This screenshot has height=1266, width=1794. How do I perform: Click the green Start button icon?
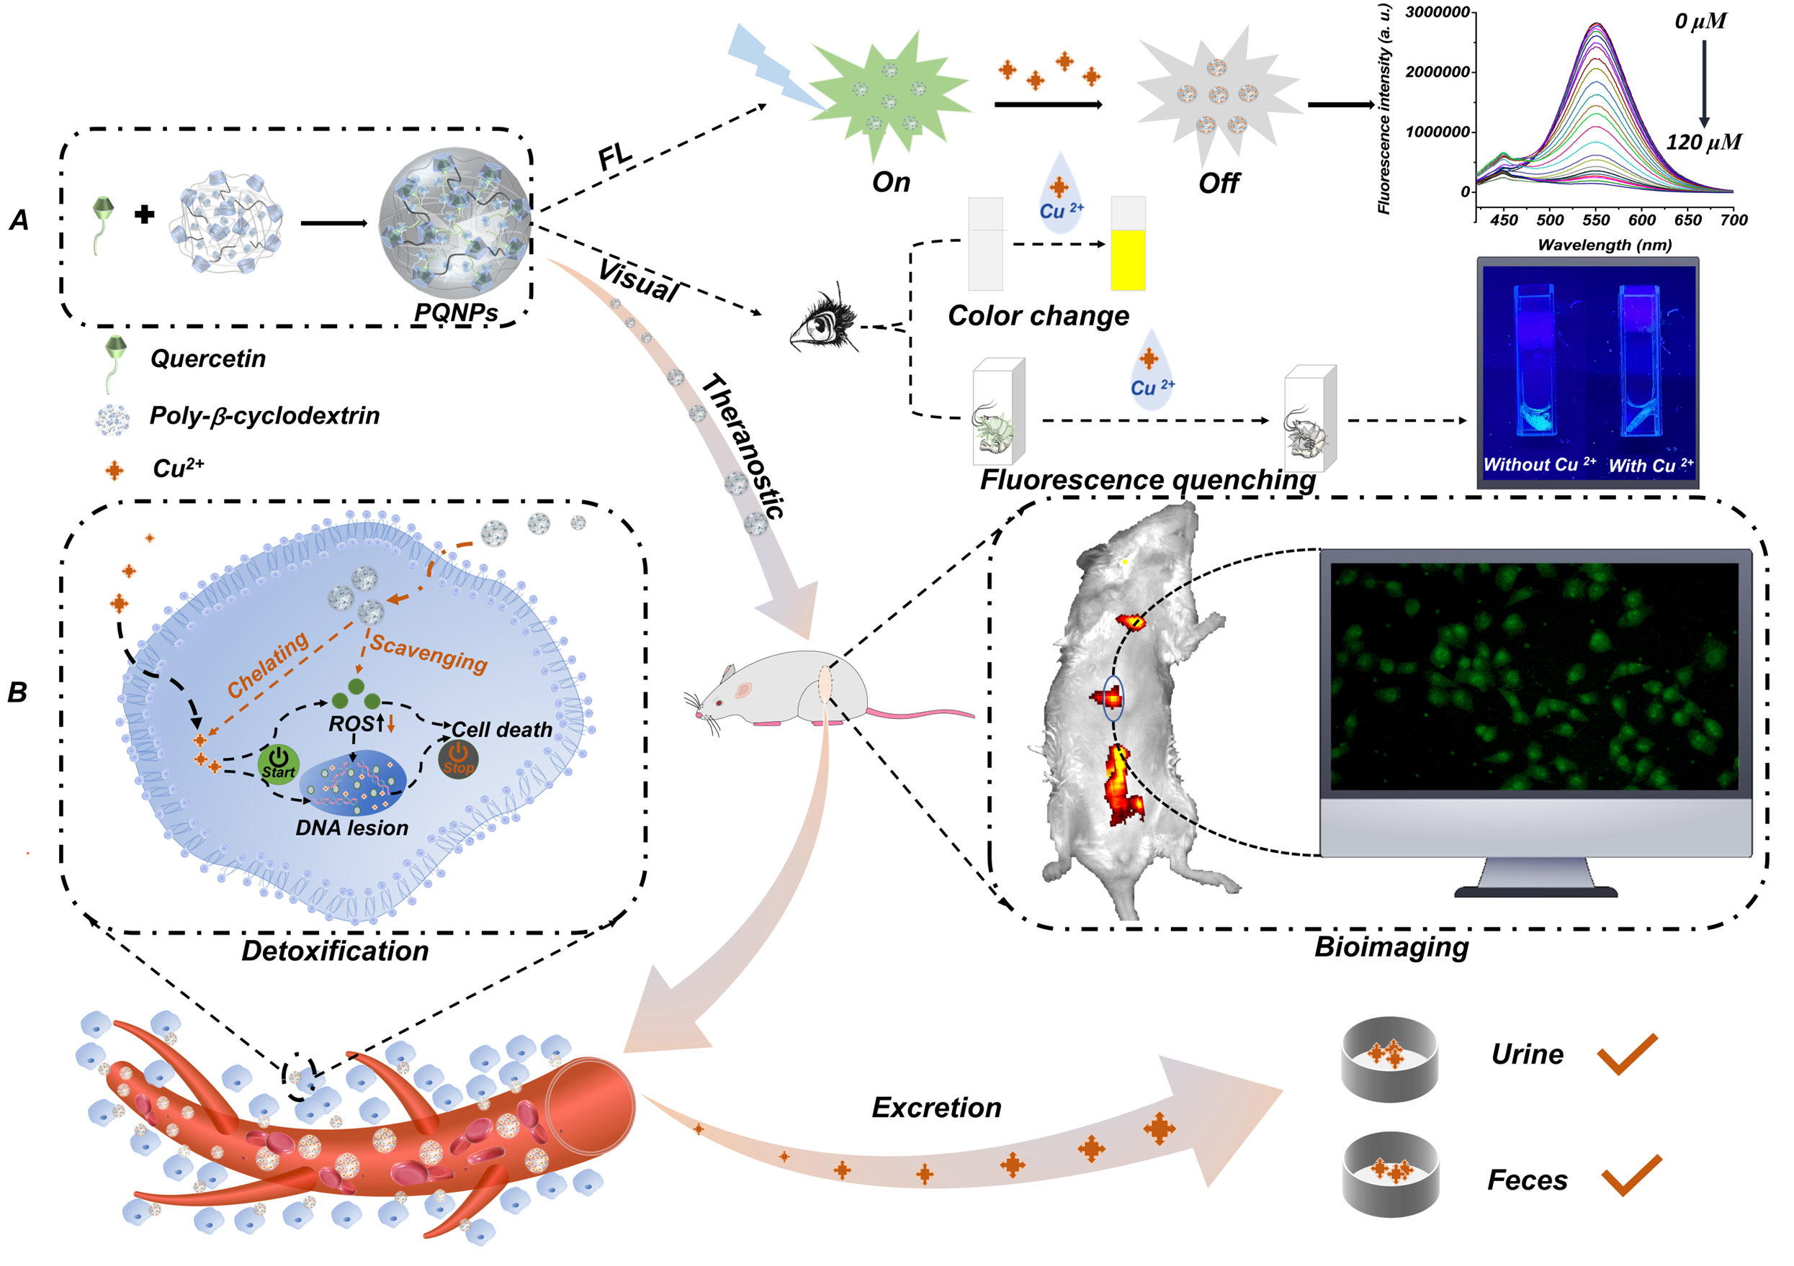pos(278,762)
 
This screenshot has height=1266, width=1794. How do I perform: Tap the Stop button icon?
pos(458,759)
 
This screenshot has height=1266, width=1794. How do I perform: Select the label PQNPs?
pos(456,312)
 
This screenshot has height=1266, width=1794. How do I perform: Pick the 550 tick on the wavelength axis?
pos(1595,220)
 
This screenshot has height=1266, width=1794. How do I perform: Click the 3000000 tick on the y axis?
pos(1438,12)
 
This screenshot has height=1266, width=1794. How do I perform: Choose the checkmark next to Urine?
pos(1627,1054)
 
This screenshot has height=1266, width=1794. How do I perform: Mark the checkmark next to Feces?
pos(1631,1175)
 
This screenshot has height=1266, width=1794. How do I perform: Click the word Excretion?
pos(936,1108)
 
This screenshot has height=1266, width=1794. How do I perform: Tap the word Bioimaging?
pos(1391,946)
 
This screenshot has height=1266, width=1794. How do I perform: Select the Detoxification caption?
pos(334,951)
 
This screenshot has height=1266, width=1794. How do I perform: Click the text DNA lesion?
pos(351,828)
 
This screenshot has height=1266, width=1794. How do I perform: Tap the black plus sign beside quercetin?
pos(144,214)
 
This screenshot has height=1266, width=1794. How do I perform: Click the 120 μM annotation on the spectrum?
pos(1703,142)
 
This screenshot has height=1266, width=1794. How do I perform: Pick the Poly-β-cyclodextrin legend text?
pos(264,415)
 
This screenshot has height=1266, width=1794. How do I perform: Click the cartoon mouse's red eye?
pos(719,703)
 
